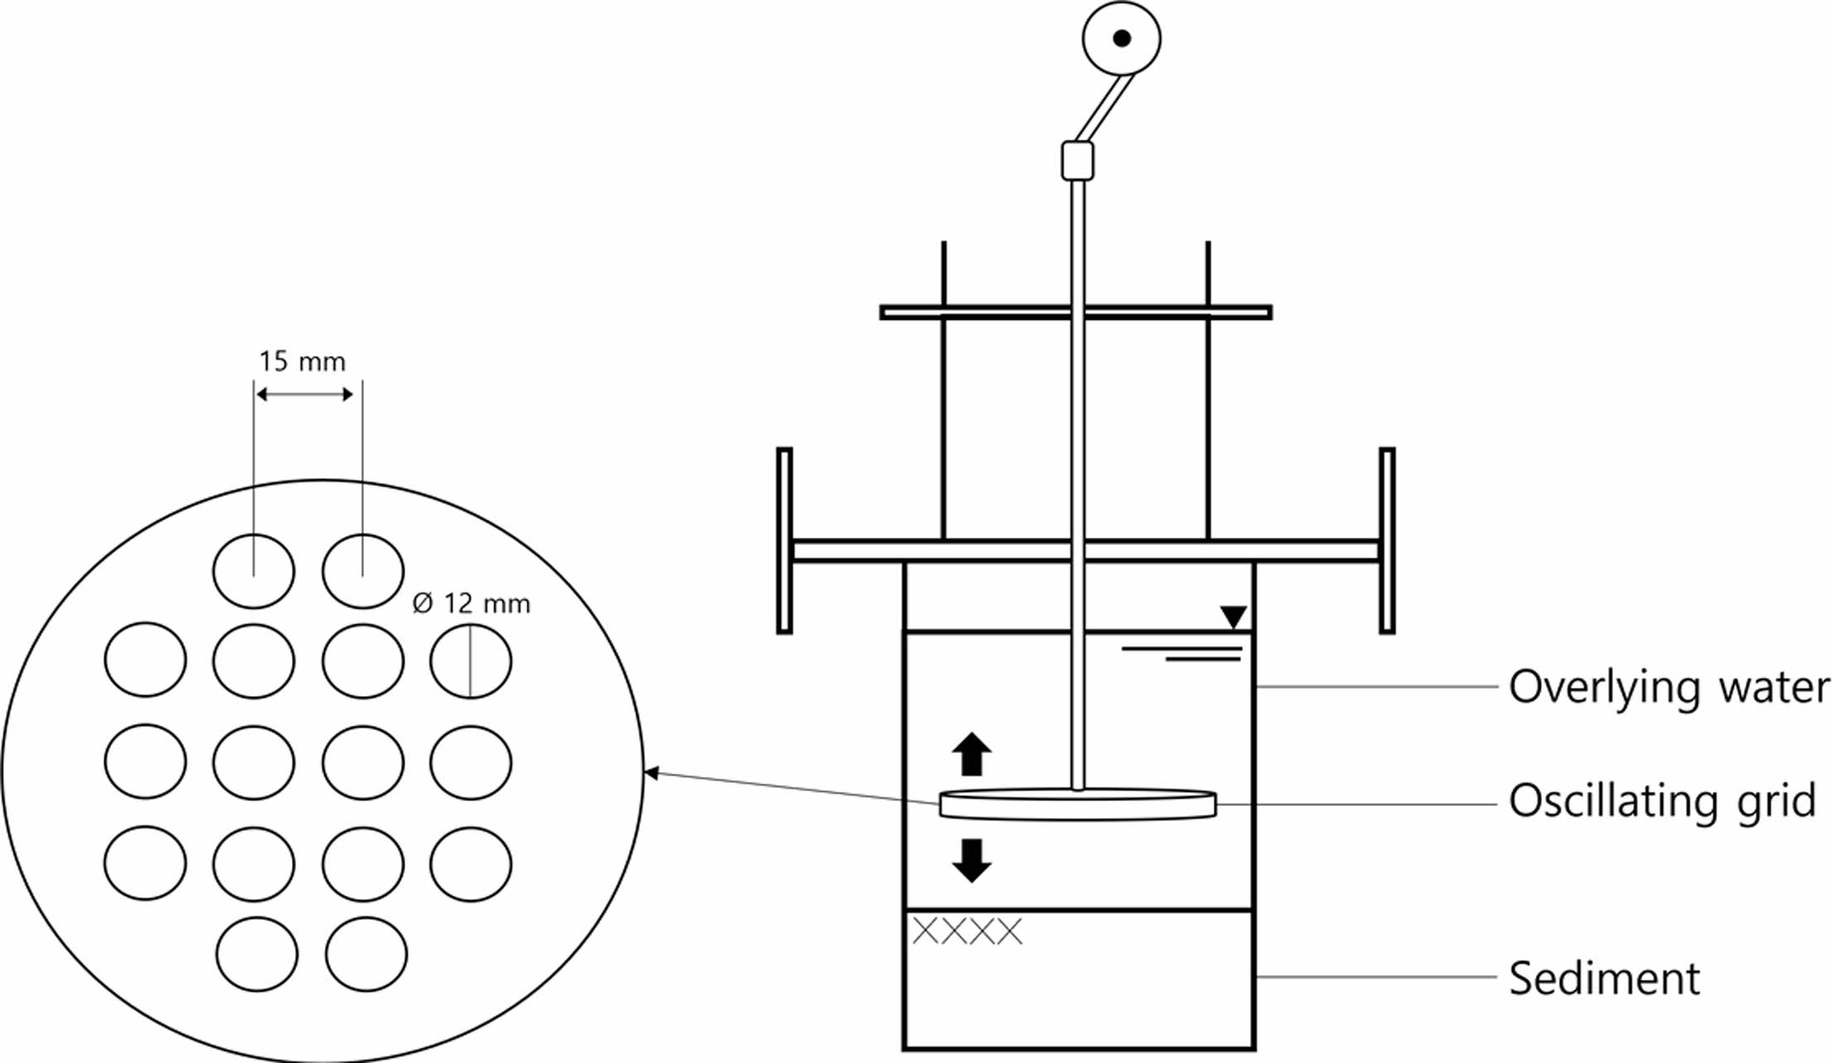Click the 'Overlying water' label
point(1668,688)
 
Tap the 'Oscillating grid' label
point(1661,802)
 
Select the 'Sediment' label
point(1603,978)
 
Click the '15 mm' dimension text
point(302,362)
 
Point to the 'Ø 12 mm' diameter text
point(471,603)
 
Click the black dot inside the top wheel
point(1122,38)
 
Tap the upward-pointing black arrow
point(972,753)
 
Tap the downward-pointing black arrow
point(972,860)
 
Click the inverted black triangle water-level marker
point(1233,616)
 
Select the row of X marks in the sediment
point(967,931)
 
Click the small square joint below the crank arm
point(1078,161)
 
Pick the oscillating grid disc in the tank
point(1078,804)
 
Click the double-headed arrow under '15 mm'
point(304,394)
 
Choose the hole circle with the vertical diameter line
point(471,661)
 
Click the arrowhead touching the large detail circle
point(651,773)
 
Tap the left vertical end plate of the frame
point(784,541)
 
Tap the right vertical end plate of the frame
point(1387,541)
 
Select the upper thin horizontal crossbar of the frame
point(1076,312)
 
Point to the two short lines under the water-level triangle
point(1185,654)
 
